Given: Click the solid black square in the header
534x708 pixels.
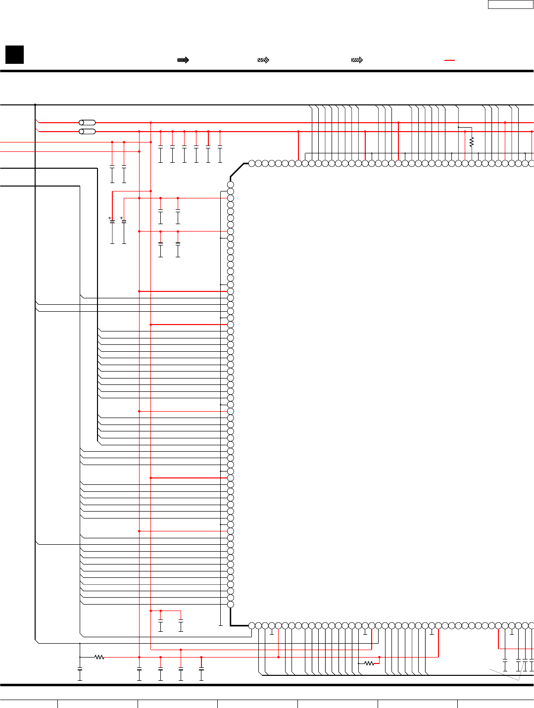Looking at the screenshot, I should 14,54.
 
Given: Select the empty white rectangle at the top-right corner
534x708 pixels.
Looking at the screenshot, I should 510,4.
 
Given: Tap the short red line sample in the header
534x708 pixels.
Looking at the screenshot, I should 449,60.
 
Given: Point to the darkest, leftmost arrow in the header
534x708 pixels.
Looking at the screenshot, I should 183,60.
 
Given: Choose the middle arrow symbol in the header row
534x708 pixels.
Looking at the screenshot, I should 263,60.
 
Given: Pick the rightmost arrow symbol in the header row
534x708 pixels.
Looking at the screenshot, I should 357,60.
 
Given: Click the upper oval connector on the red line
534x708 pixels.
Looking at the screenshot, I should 88,122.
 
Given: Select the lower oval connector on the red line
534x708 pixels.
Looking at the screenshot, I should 88,132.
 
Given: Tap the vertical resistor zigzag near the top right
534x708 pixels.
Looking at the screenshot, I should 472,142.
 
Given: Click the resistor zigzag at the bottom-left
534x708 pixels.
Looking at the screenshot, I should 99,657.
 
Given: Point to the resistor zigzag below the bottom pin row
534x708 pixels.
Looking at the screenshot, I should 369,663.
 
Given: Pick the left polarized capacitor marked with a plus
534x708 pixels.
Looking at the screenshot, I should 112,221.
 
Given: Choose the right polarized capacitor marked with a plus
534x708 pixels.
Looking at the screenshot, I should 124,221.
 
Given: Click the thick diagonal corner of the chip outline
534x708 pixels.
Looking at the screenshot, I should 238,170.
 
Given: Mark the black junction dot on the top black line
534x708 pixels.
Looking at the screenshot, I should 35,105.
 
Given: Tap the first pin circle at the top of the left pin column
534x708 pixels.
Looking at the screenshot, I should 231,185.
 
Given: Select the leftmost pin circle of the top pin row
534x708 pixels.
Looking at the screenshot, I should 251,163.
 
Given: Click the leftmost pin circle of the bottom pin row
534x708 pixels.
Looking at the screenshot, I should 251,626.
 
